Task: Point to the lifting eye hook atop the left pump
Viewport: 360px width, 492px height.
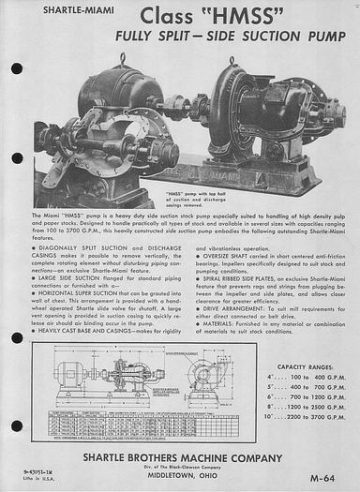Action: point(123,59)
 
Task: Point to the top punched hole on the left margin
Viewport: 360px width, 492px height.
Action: point(17,68)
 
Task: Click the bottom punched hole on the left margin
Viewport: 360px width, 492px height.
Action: point(17,425)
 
